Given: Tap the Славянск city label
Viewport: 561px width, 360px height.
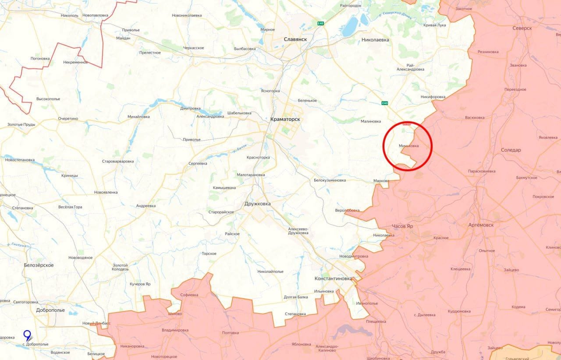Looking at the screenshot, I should tap(295, 39).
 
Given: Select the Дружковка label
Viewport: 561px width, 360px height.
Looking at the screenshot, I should tap(258, 204).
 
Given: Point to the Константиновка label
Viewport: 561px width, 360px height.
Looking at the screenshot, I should tap(333, 279).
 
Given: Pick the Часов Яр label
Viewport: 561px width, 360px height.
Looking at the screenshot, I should tap(402, 226).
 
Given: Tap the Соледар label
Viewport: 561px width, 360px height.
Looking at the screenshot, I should tap(511, 150).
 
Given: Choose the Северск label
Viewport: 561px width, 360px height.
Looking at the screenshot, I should tap(522, 28).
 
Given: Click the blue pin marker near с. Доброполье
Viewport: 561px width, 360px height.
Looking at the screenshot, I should tap(27, 336).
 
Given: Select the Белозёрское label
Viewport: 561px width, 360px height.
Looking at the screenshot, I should tap(39, 265).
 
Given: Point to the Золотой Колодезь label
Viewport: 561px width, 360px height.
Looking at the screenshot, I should tap(120, 267).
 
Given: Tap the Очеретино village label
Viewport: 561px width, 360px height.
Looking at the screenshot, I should tap(68, 119).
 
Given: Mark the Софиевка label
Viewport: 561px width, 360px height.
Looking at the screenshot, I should tap(189, 295).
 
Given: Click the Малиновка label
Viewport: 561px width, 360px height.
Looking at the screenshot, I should tap(371, 121).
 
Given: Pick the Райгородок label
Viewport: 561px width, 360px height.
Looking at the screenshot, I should tap(351, 5).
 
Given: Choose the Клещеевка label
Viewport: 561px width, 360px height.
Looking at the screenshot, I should tap(460, 269).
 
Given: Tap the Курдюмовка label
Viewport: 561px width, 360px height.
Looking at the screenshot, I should tap(459, 311).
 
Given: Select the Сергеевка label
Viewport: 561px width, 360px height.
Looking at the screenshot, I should tap(198, 163).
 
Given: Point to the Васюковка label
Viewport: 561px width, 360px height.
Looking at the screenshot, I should tap(475, 118).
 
